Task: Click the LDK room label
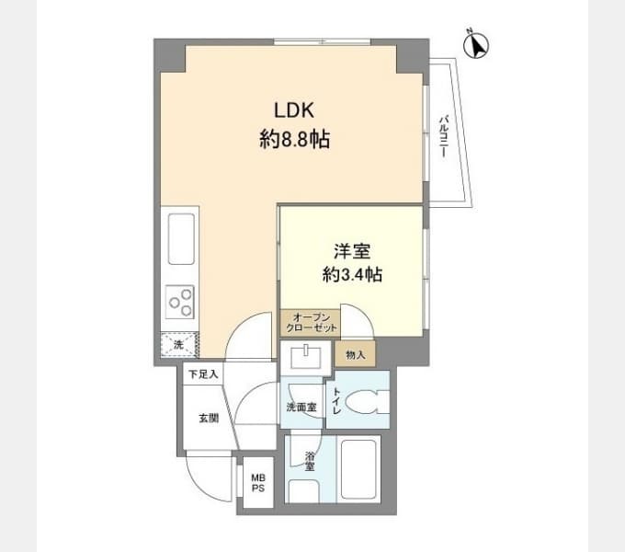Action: (x=294, y=110)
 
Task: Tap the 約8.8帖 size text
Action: (x=294, y=139)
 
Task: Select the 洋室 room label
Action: (x=352, y=251)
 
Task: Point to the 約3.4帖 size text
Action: (x=352, y=274)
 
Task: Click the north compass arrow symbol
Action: (x=476, y=45)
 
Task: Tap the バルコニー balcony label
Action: (x=444, y=136)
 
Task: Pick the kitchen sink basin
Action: (x=181, y=239)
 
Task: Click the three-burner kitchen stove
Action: (x=180, y=302)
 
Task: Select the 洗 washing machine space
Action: (x=179, y=344)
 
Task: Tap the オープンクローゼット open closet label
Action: (x=312, y=323)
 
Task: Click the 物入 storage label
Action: (x=356, y=354)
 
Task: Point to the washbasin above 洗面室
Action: (x=306, y=357)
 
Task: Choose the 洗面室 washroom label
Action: (x=301, y=408)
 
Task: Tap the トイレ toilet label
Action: (x=335, y=401)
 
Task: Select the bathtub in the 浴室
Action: (x=358, y=468)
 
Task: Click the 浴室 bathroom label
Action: (x=310, y=462)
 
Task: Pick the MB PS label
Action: (x=258, y=483)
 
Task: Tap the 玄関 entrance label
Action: (x=209, y=419)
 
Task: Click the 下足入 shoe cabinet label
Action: (x=203, y=374)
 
